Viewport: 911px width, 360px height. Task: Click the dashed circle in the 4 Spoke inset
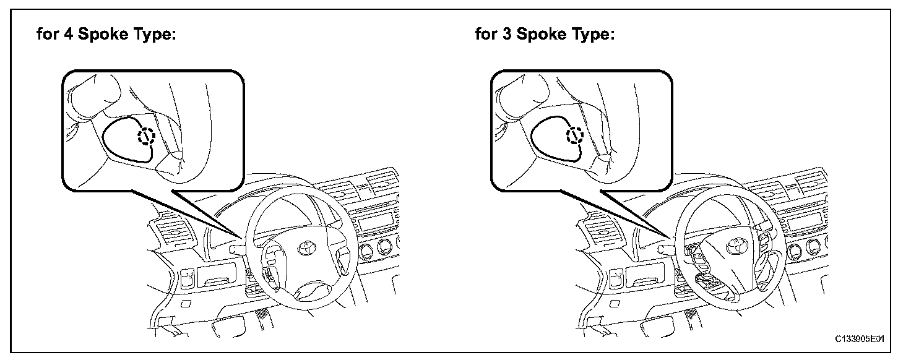tap(146, 136)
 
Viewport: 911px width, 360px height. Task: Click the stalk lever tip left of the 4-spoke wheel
tap(234, 249)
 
